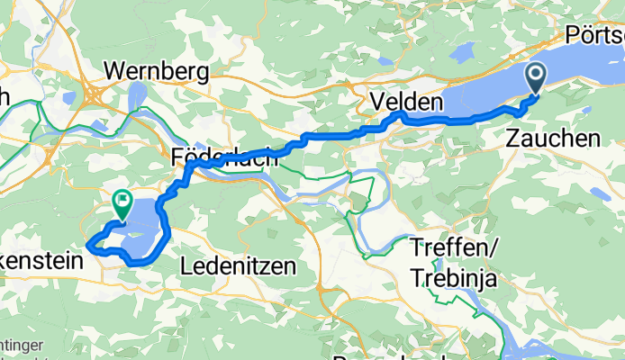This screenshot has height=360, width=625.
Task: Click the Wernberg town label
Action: [157, 70]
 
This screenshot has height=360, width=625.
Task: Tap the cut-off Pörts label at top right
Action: [595, 35]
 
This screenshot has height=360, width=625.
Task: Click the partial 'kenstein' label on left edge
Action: [41, 261]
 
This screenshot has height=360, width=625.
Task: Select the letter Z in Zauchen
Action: [513, 139]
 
